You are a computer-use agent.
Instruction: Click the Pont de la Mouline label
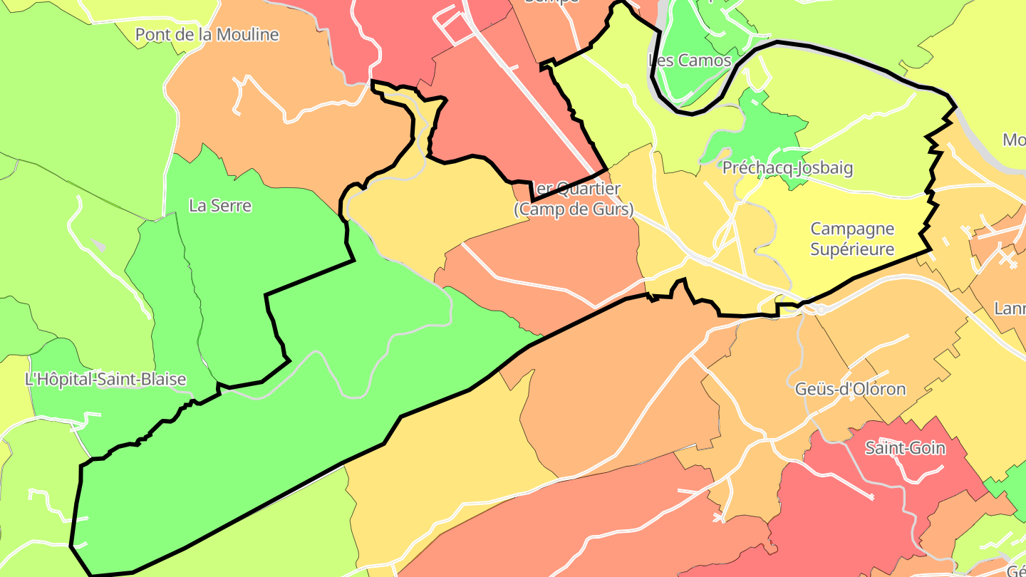point(207,34)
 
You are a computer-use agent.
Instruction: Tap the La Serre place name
point(220,206)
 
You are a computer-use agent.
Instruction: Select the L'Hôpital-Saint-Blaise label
point(105,380)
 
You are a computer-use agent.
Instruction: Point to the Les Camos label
point(690,61)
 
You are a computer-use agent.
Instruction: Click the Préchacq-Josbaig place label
point(787,169)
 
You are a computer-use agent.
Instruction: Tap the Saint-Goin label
point(905,448)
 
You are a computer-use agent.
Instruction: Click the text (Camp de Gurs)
point(574,209)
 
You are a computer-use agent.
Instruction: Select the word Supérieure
point(852,249)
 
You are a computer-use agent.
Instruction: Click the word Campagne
point(852,229)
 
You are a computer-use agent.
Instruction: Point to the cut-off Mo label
point(1014,140)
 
